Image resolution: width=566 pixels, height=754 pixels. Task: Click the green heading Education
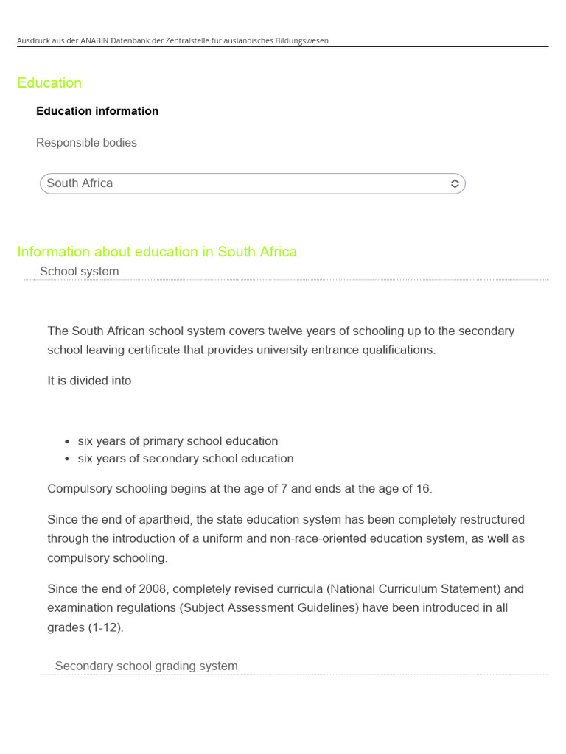coord(49,83)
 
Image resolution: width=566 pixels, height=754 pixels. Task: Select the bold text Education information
coord(97,111)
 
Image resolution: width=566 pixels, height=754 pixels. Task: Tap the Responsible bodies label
coord(86,143)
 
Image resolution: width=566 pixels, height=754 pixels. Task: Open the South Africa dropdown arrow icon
coord(455,183)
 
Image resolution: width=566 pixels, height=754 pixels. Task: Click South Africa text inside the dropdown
coord(80,183)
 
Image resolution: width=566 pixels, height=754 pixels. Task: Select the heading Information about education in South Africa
coord(157,252)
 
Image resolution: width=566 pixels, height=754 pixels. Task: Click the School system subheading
coord(79,272)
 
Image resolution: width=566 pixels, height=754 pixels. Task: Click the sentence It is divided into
coord(89,381)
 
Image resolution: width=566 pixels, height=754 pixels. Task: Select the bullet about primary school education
coord(178,441)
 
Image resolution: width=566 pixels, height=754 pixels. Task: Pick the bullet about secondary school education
coord(185,459)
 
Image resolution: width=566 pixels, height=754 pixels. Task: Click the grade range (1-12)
coord(104,628)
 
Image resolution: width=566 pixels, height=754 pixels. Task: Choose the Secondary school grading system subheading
coord(146,666)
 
